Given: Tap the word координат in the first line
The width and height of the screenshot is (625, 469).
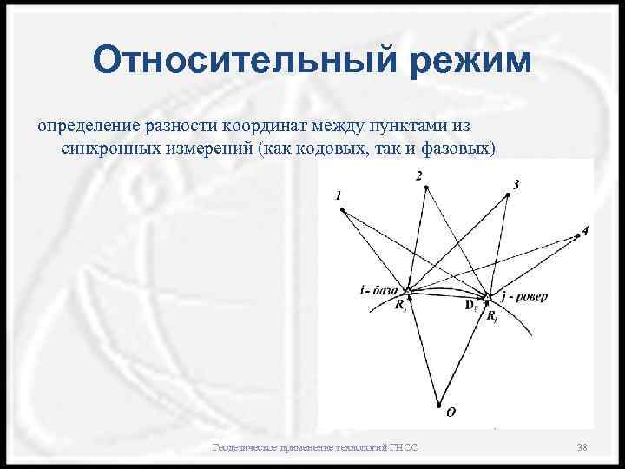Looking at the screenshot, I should coord(285,128).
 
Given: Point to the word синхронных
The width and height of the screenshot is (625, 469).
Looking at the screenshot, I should coord(111,149).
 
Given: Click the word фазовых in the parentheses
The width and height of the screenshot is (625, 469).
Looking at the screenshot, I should coord(460,149).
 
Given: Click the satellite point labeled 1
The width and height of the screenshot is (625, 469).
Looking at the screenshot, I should coord(343,209).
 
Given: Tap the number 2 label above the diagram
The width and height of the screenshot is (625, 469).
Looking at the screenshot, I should coord(419,176).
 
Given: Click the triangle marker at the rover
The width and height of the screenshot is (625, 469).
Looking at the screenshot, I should coord(490,297).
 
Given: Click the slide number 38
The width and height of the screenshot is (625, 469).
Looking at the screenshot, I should coord(582,446).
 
